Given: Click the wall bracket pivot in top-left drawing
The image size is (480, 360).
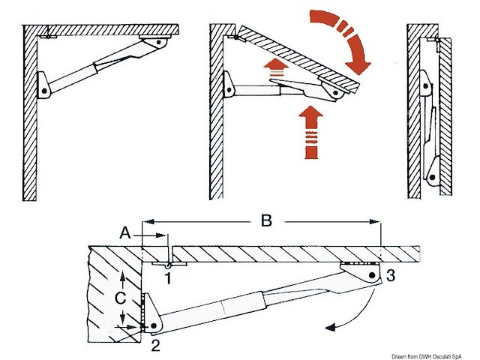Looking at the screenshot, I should coord(44,90).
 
